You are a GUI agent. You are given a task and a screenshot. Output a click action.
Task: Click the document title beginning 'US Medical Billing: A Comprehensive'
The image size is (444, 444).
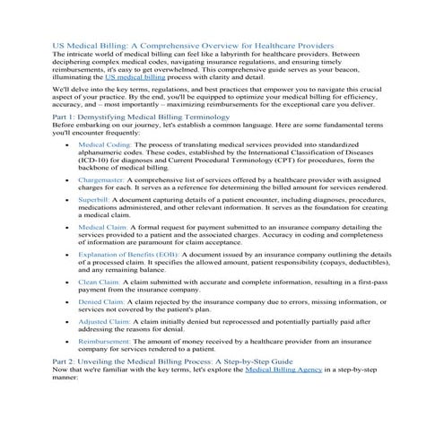pyautogui.click(x=194, y=44)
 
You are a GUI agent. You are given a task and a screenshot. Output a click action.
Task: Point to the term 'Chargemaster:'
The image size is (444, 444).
pyautogui.click(x=100, y=179)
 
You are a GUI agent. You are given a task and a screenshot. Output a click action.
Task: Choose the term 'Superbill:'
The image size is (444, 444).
pyautogui.click(x=93, y=204)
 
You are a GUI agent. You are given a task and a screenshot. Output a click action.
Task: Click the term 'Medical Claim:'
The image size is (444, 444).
pyautogui.click(x=102, y=229)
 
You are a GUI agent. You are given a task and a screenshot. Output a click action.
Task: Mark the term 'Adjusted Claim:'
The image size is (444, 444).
pyautogui.click(x=104, y=320)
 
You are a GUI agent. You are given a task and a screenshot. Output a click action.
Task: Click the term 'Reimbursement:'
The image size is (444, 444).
pyautogui.click(x=104, y=343)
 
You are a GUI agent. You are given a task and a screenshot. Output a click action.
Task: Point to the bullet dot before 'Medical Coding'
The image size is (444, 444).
pyautogui.click(x=68, y=144)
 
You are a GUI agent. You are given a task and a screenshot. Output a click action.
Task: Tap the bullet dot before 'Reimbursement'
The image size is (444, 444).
pyautogui.click(x=68, y=343)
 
